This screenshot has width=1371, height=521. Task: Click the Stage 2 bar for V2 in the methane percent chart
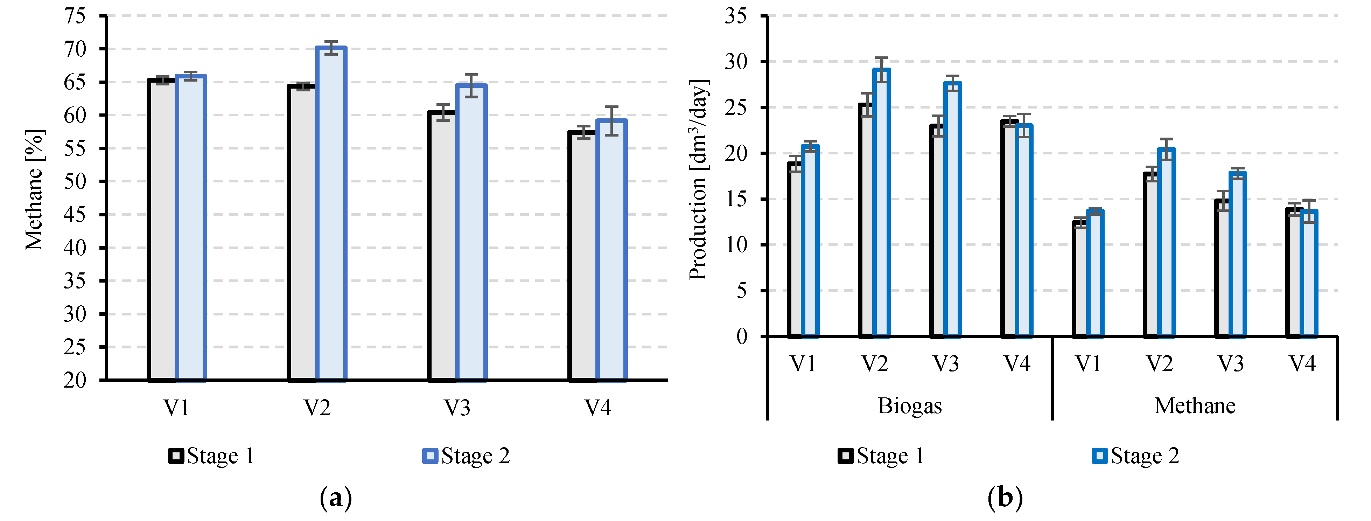coord(331,213)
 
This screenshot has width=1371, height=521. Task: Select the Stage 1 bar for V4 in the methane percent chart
coord(582,256)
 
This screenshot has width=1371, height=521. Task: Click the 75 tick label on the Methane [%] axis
coord(75,16)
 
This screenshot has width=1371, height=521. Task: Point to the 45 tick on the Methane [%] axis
coord(75,215)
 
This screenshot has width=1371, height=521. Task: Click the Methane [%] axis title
coord(34,189)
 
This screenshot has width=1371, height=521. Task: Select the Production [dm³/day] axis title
coord(698,179)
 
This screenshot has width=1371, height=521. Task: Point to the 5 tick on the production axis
coord(741,291)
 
